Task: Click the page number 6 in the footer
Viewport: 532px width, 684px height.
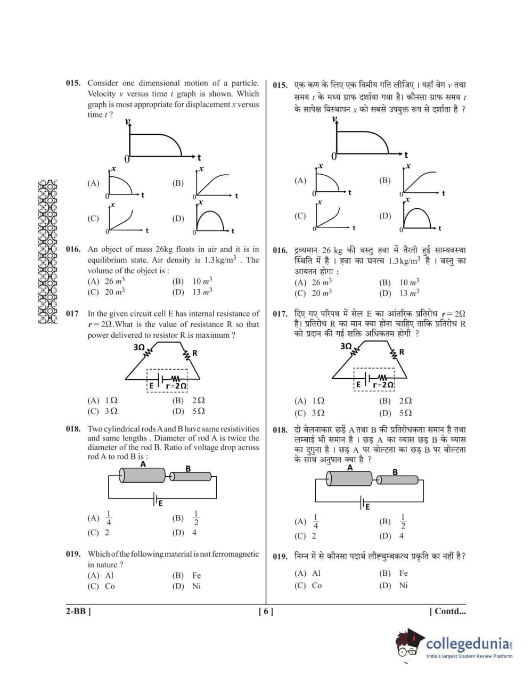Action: pyautogui.click(x=266, y=612)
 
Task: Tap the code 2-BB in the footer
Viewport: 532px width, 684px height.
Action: pyautogui.click(x=78, y=612)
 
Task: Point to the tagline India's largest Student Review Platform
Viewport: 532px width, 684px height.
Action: pyautogui.click(x=469, y=656)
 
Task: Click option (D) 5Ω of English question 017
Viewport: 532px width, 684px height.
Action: pyautogui.click(x=194, y=411)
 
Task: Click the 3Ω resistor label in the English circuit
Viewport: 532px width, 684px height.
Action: pyautogui.click(x=139, y=347)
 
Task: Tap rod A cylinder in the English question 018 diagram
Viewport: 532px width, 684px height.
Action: pyautogui.click(x=142, y=475)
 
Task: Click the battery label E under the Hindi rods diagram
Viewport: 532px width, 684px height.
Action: pyautogui.click(x=367, y=507)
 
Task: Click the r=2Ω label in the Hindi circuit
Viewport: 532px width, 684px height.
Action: pyautogui.click(x=383, y=384)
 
